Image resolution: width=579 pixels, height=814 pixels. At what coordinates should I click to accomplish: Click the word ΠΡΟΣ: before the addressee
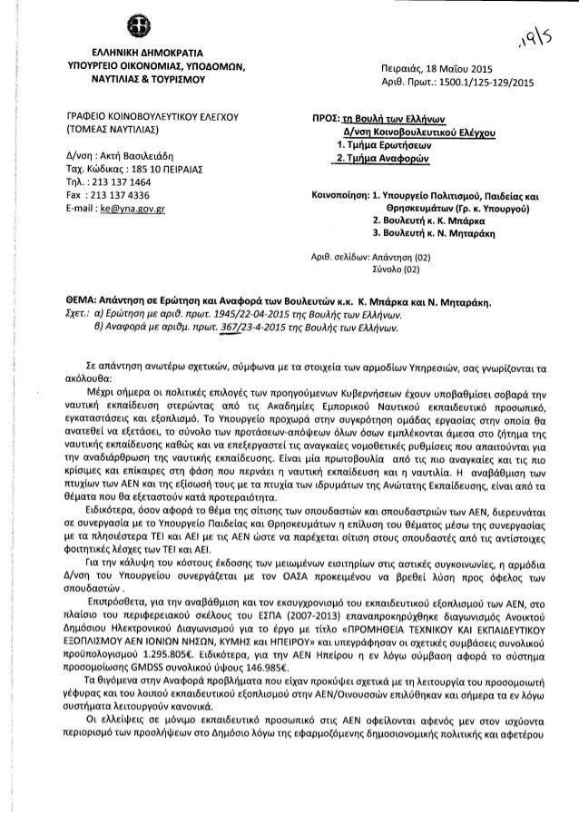(x=324, y=119)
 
